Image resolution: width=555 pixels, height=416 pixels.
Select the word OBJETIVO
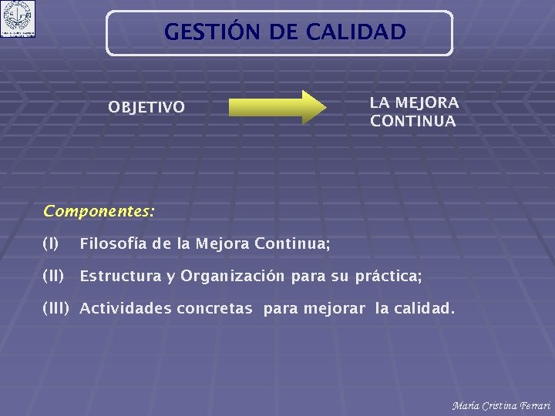click(x=146, y=107)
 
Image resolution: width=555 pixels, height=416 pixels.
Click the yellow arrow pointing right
click(x=278, y=107)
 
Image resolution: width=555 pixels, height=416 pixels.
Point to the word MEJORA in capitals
click(x=426, y=102)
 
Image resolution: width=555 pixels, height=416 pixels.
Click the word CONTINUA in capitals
click(x=412, y=122)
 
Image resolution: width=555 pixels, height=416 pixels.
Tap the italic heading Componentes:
click(x=99, y=210)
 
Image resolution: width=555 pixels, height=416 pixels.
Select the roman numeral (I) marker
click(x=51, y=244)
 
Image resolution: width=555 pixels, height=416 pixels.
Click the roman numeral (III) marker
click(x=56, y=309)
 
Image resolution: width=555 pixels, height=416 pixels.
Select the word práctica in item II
click(x=386, y=276)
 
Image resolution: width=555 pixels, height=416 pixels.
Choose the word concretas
click(x=214, y=309)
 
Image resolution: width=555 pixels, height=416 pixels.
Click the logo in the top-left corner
click(x=18, y=18)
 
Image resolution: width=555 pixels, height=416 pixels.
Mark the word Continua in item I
click(x=299, y=244)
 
